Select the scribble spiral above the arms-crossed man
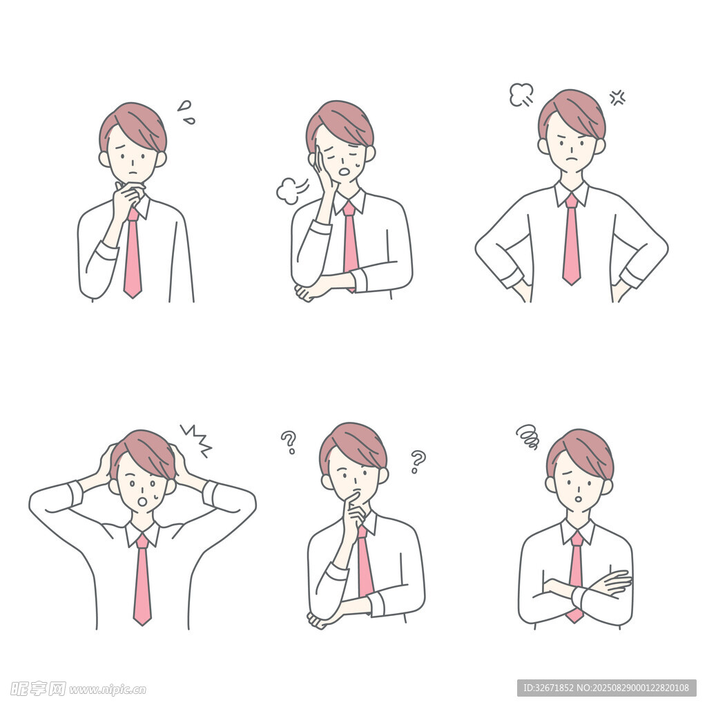pos(527,436)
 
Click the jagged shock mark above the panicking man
pos(197,440)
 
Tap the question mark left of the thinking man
pos(289,443)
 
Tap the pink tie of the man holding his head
pos(142,580)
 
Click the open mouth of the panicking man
pos(144,501)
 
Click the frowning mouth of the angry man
pos(571,159)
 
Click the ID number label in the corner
pos(606,688)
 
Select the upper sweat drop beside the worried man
pos(184,106)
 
